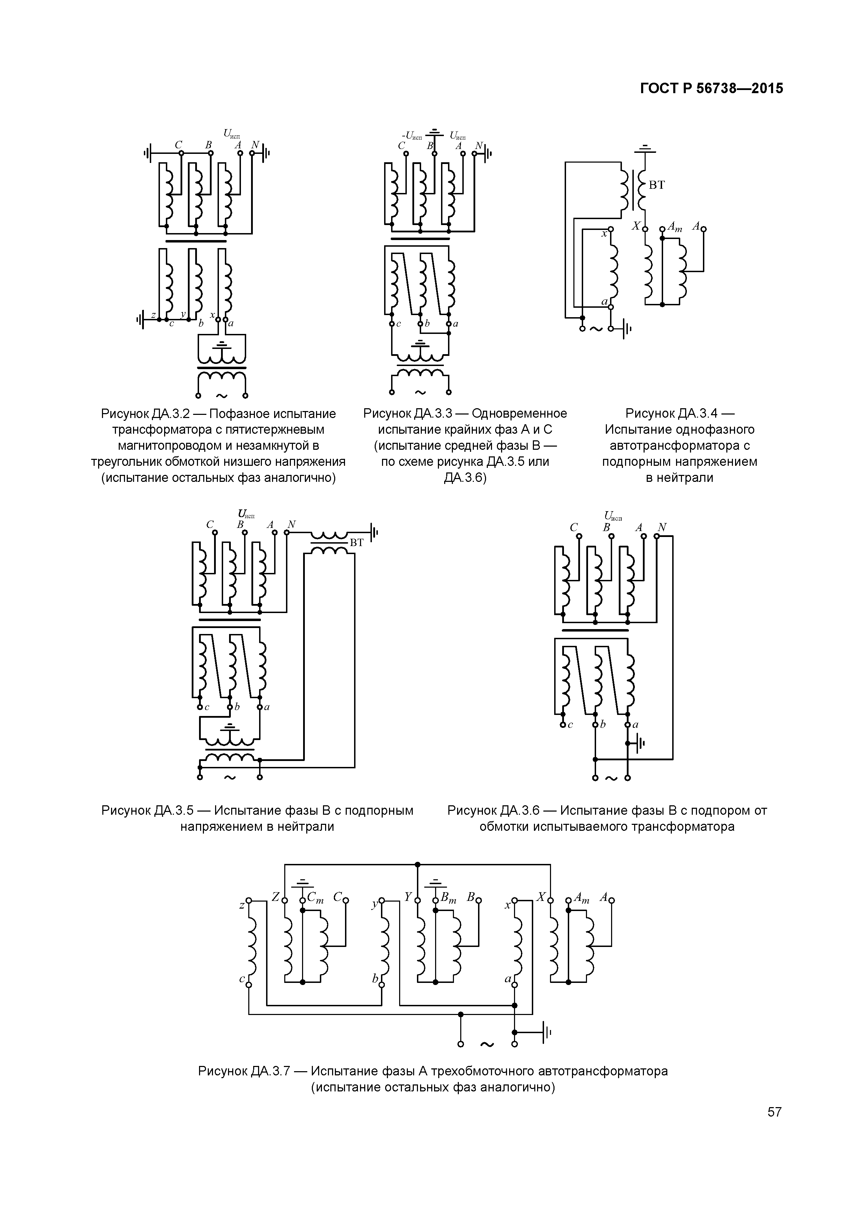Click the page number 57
point(774,1112)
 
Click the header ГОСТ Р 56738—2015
point(712,89)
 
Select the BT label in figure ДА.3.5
point(357,543)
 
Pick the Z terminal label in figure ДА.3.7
point(275,897)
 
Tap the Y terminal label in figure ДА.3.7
point(408,897)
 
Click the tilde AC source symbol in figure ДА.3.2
point(221,396)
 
